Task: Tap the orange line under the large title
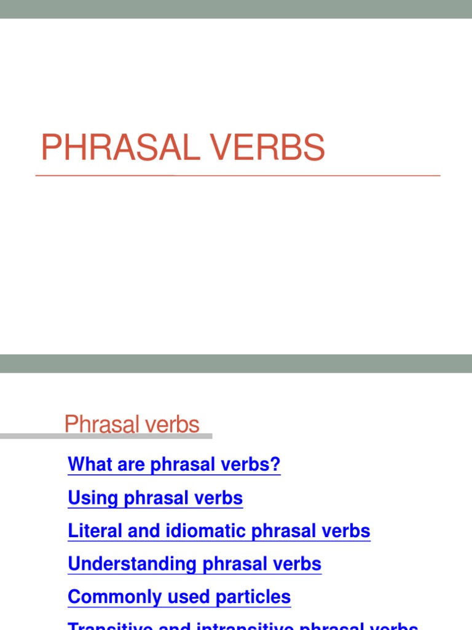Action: click(238, 176)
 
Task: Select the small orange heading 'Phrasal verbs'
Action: click(132, 425)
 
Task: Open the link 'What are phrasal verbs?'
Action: click(174, 465)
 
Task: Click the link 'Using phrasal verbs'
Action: click(155, 498)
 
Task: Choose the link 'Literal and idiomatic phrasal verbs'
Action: click(219, 531)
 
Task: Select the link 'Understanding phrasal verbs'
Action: click(194, 564)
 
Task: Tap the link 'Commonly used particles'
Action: click(179, 597)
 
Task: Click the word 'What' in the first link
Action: click(87, 465)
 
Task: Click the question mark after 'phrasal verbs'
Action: click(276, 465)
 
